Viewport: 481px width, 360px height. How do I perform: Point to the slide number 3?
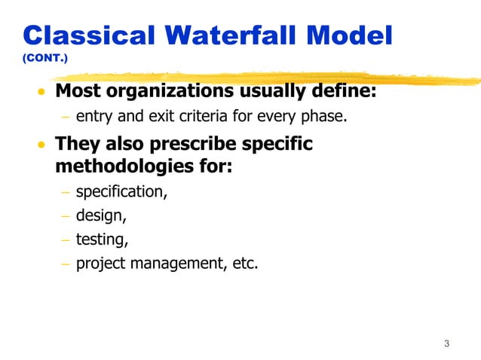point(446,344)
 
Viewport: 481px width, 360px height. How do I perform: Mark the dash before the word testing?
point(65,240)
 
